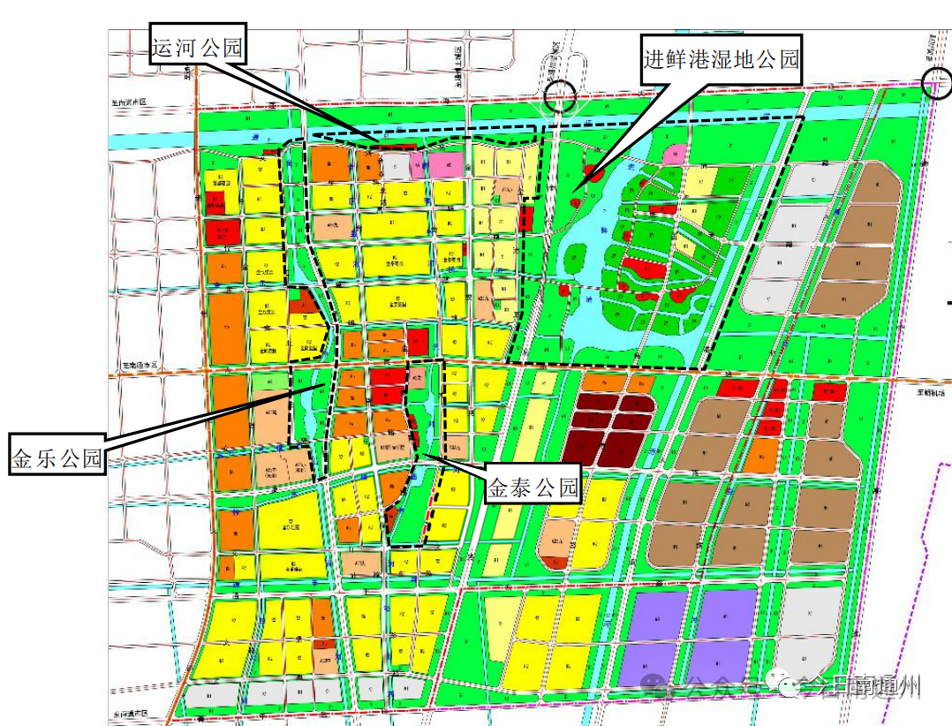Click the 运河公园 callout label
point(195,49)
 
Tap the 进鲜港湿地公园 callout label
point(722,60)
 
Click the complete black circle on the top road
point(562,94)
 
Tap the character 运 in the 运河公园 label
point(162,49)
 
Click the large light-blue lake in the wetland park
point(583,256)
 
